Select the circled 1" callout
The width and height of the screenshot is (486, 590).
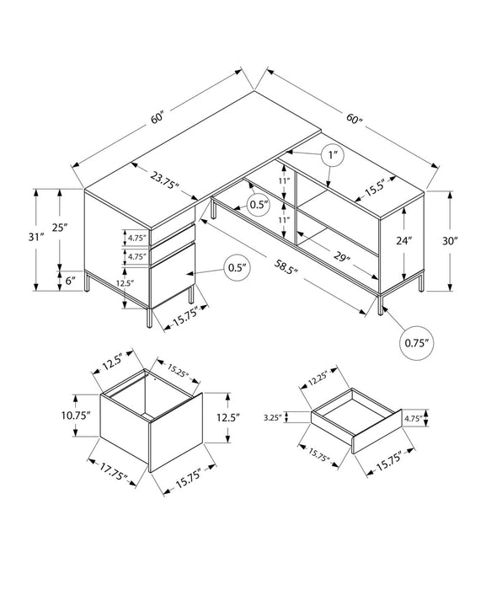click(x=333, y=155)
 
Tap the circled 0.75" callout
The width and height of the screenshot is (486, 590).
click(x=412, y=344)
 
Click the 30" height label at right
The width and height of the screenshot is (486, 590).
click(x=450, y=240)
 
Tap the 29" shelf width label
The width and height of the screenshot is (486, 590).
click(x=341, y=255)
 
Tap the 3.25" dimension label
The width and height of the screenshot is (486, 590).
click(x=271, y=416)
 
